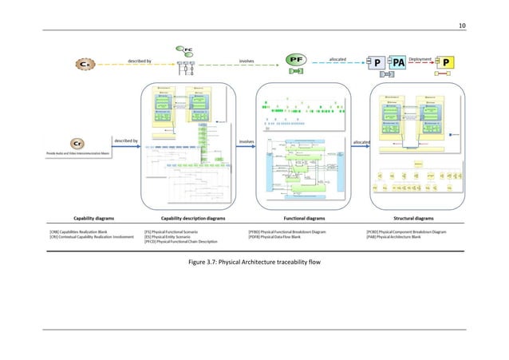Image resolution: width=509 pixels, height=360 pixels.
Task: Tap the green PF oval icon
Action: (297, 59)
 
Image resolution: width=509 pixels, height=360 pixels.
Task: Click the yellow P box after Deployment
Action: (448, 62)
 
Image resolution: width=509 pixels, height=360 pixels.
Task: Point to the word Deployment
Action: (421, 58)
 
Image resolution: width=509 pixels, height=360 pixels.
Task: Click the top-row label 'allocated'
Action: (338, 58)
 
